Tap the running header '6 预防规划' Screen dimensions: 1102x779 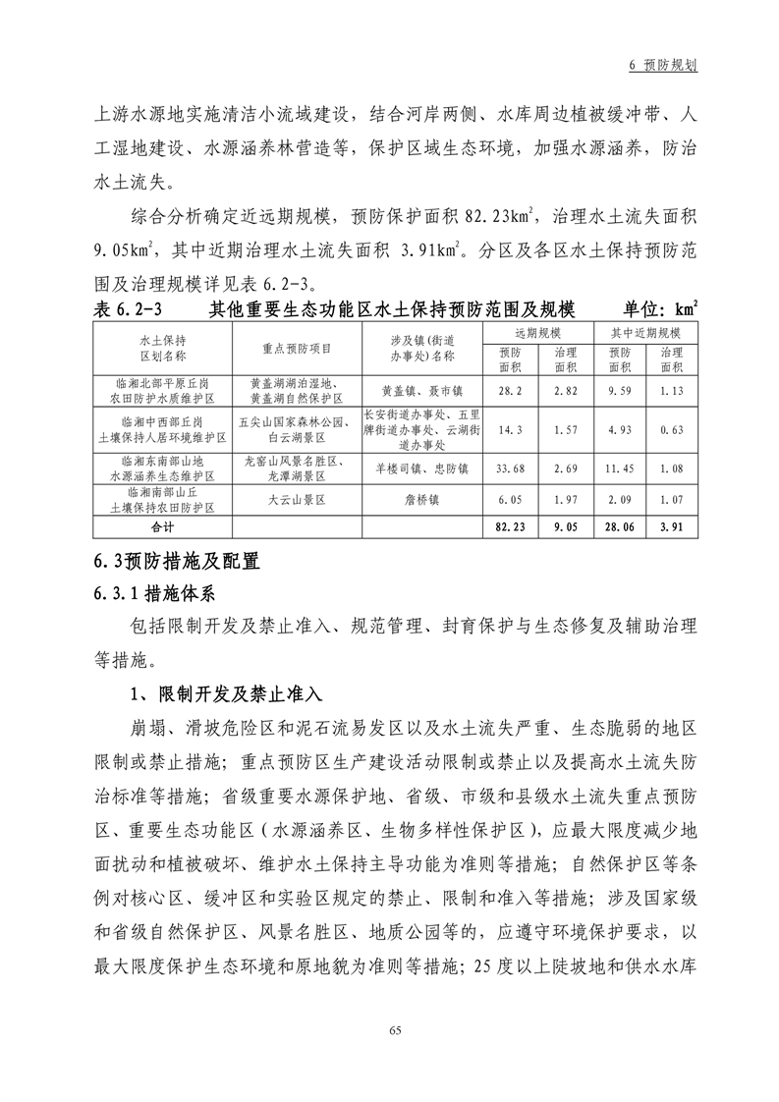[663, 65]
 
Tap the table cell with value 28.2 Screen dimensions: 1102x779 [510, 390]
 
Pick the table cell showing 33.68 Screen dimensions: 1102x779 [510, 467]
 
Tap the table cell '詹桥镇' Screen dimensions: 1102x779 [422, 499]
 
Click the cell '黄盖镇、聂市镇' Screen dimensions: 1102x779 [422, 390]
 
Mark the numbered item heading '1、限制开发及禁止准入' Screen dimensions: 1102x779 [226, 693]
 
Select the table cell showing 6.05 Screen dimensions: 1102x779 [510, 499]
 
